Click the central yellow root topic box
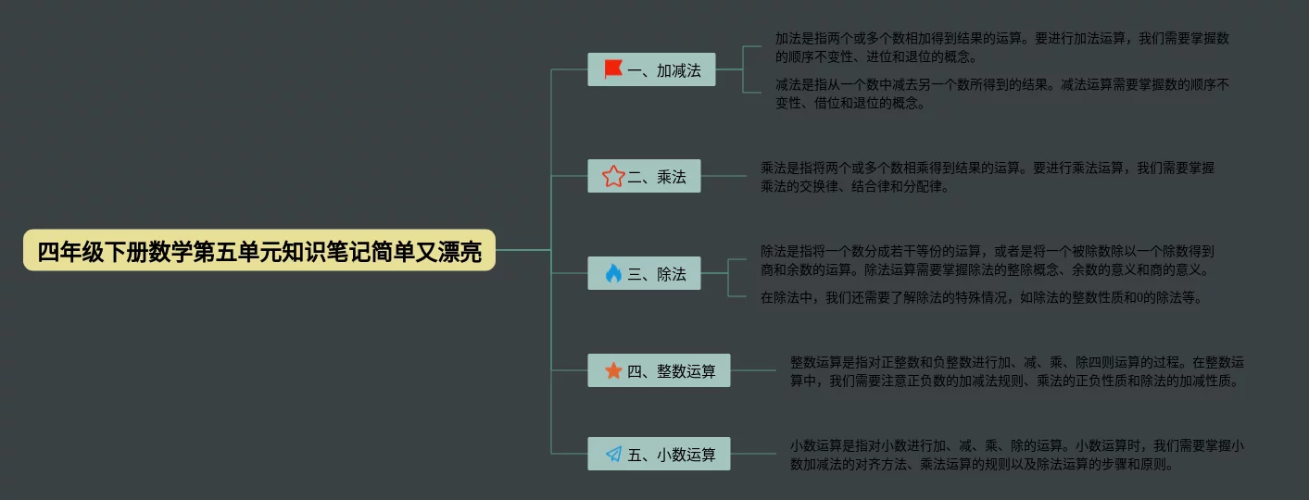(259, 251)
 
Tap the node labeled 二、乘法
(644, 176)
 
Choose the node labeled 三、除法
(644, 273)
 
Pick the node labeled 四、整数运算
(659, 370)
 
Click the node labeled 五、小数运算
(659, 454)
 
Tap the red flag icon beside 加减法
(612, 69)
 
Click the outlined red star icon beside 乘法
(612, 176)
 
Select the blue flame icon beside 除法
(612, 273)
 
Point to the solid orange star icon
(612, 370)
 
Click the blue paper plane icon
(612, 454)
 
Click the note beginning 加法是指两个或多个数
(1001, 47)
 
